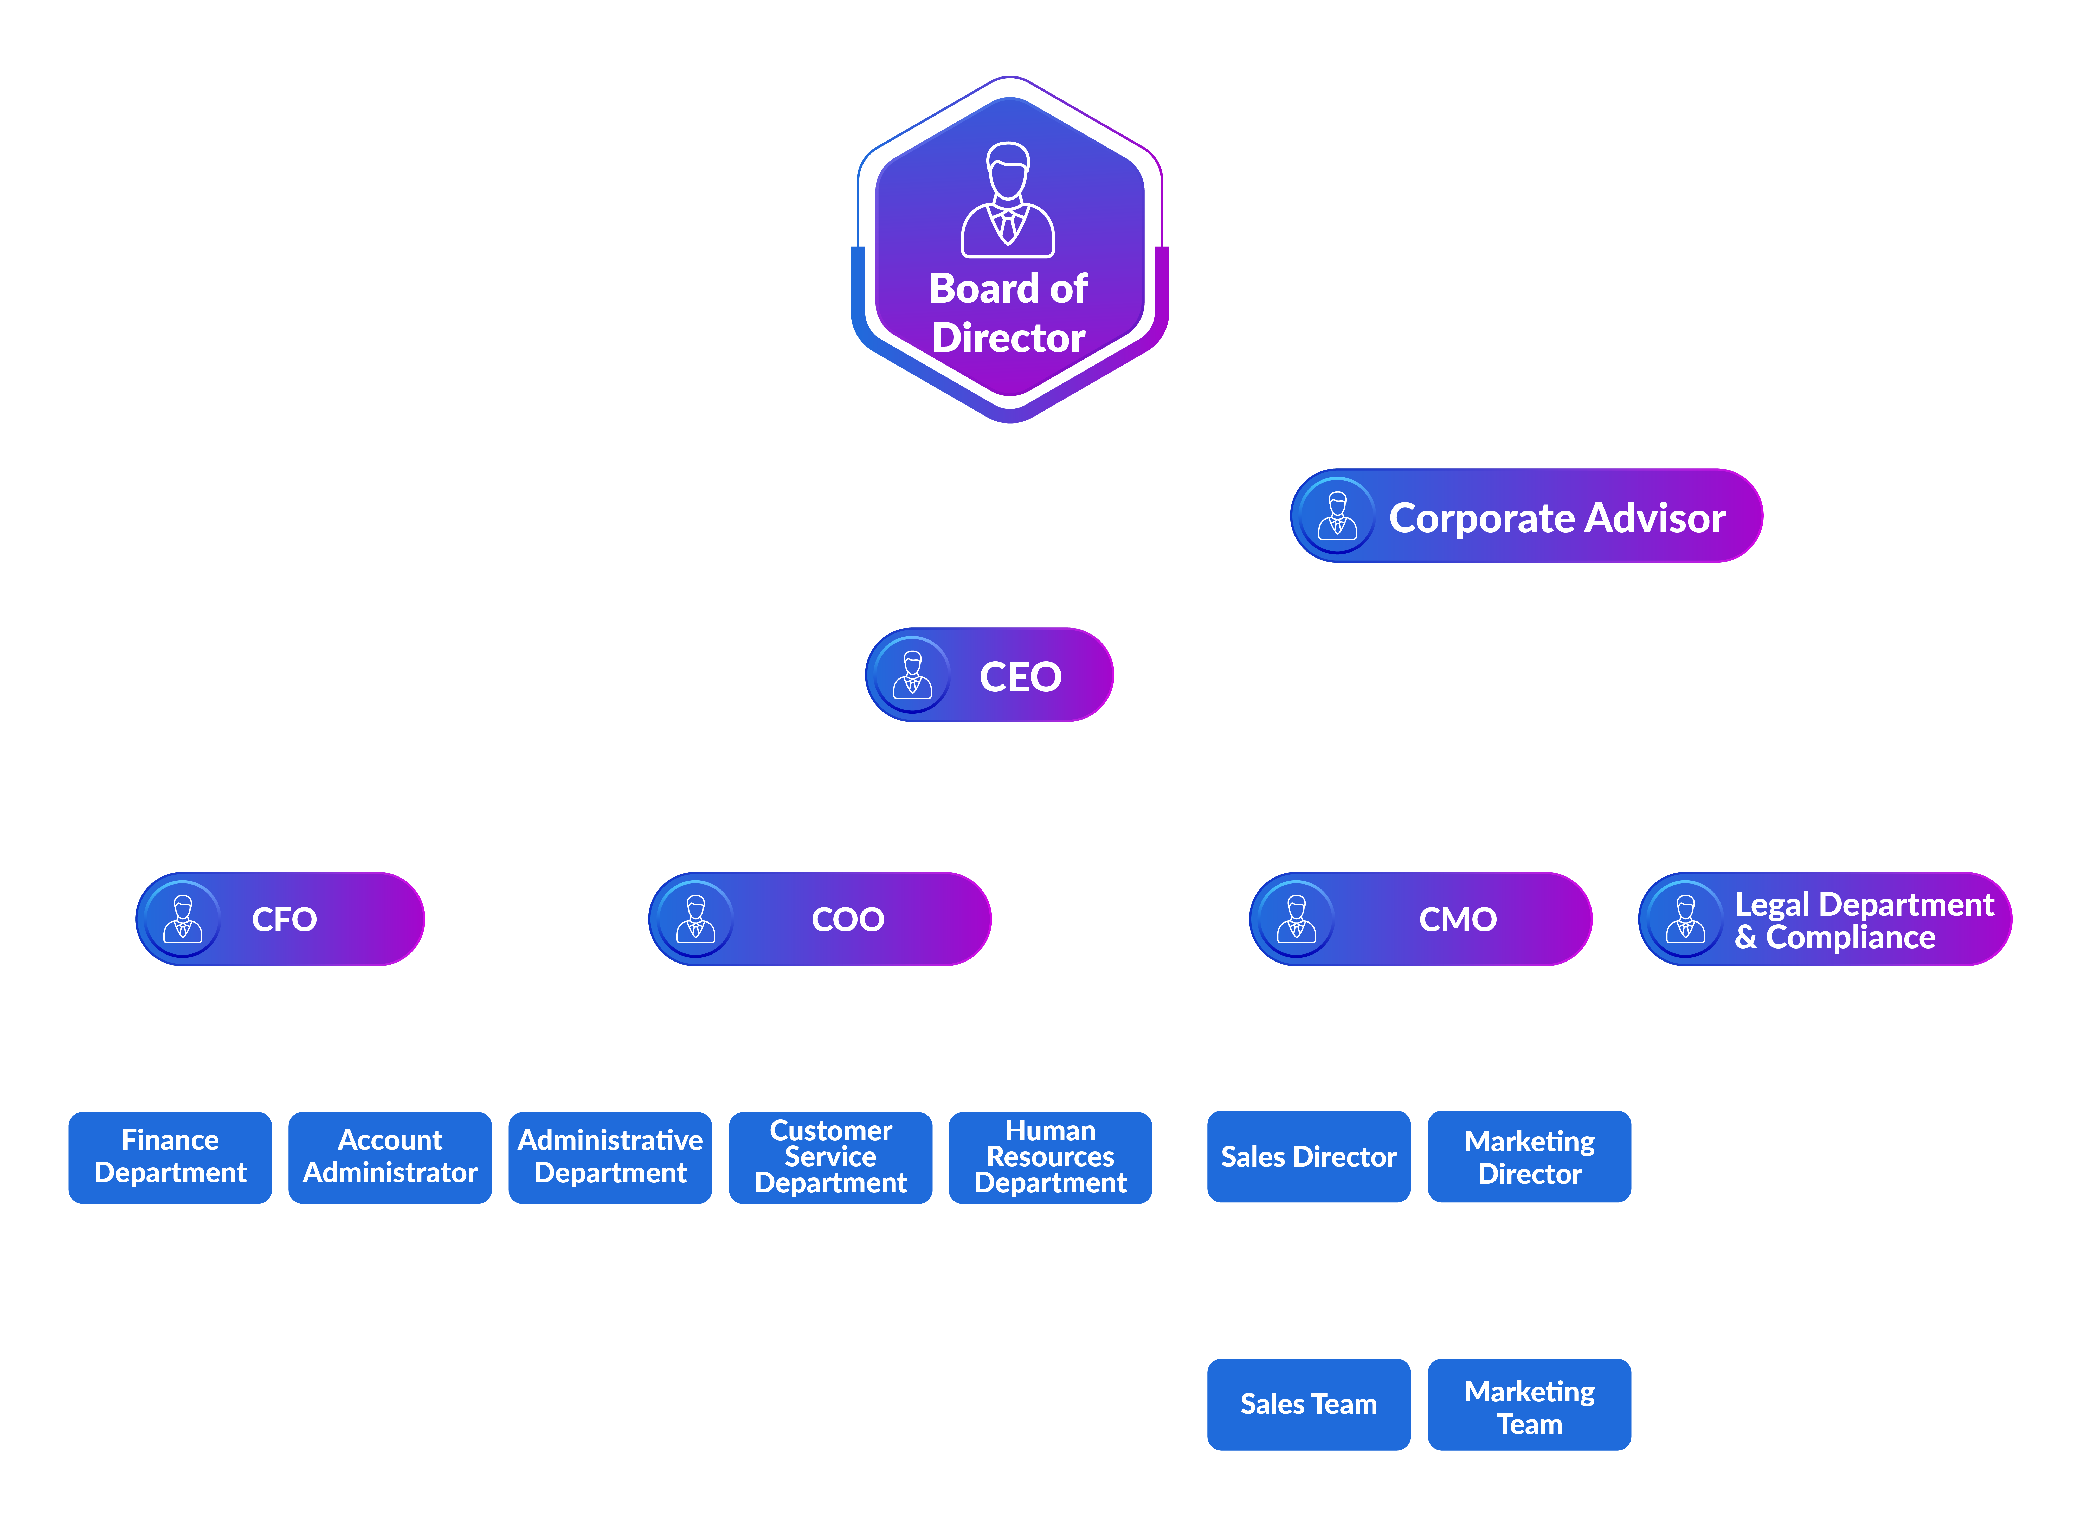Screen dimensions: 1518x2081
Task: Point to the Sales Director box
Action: tap(1308, 1156)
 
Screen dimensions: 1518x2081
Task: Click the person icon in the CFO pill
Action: tap(183, 919)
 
